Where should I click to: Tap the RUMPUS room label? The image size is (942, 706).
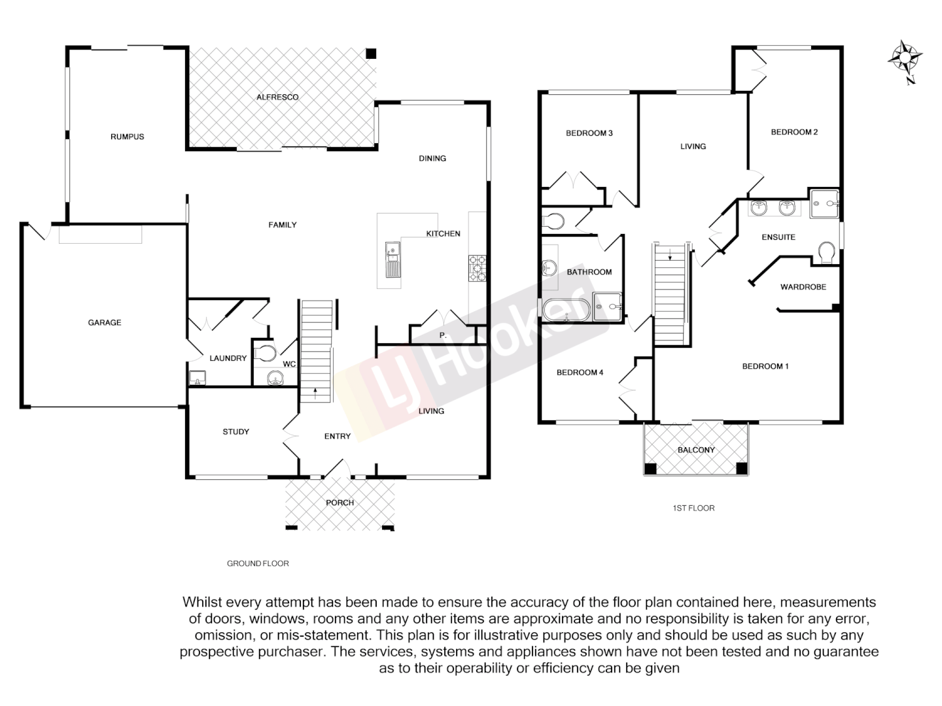[x=127, y=137]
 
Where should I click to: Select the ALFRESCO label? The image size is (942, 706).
[x=277, y=97]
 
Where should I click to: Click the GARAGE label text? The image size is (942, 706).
[x=105, y=322]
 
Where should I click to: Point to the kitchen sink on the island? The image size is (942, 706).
[x=392, y=260]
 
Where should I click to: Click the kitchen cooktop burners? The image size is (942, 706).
[x=477, y=268]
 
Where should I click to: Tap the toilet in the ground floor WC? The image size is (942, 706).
[x=265, y=353]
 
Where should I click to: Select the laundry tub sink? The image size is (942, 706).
[x=197, y=378]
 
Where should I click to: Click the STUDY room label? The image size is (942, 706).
[x=235, y=431]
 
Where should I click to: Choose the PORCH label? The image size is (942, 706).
[x=340, y=503]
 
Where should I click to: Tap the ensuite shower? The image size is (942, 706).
[x=824, y=204]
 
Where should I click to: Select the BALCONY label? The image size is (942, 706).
[x=696, y=450]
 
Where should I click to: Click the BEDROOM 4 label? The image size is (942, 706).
[x=580, y=373]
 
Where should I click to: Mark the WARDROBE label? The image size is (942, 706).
[x=803, y=287]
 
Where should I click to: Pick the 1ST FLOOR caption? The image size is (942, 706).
[x=693, y=508]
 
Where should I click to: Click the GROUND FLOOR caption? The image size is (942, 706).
[x=258, y=563]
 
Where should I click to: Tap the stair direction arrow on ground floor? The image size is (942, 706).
[x=316, y=392]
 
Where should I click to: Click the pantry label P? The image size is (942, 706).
[x=442, y=335]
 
